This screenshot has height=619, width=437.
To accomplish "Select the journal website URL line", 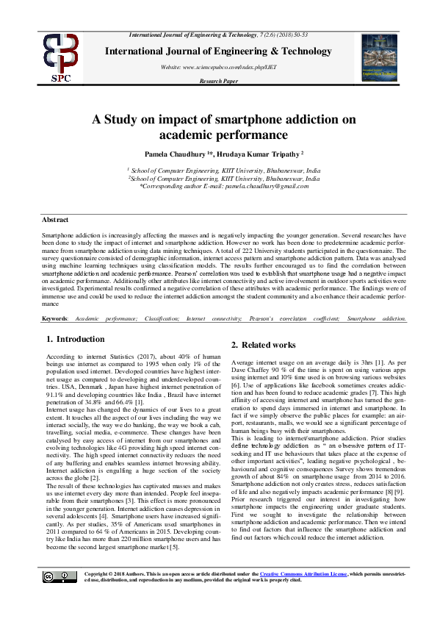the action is pos(217,67).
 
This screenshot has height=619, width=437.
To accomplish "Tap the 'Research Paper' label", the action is pos(217,81).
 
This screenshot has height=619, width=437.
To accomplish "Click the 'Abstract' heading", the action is pos(55,220).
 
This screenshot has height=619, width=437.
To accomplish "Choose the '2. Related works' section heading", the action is pos(264,345).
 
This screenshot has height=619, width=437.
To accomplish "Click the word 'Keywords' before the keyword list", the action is pos(54,318).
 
